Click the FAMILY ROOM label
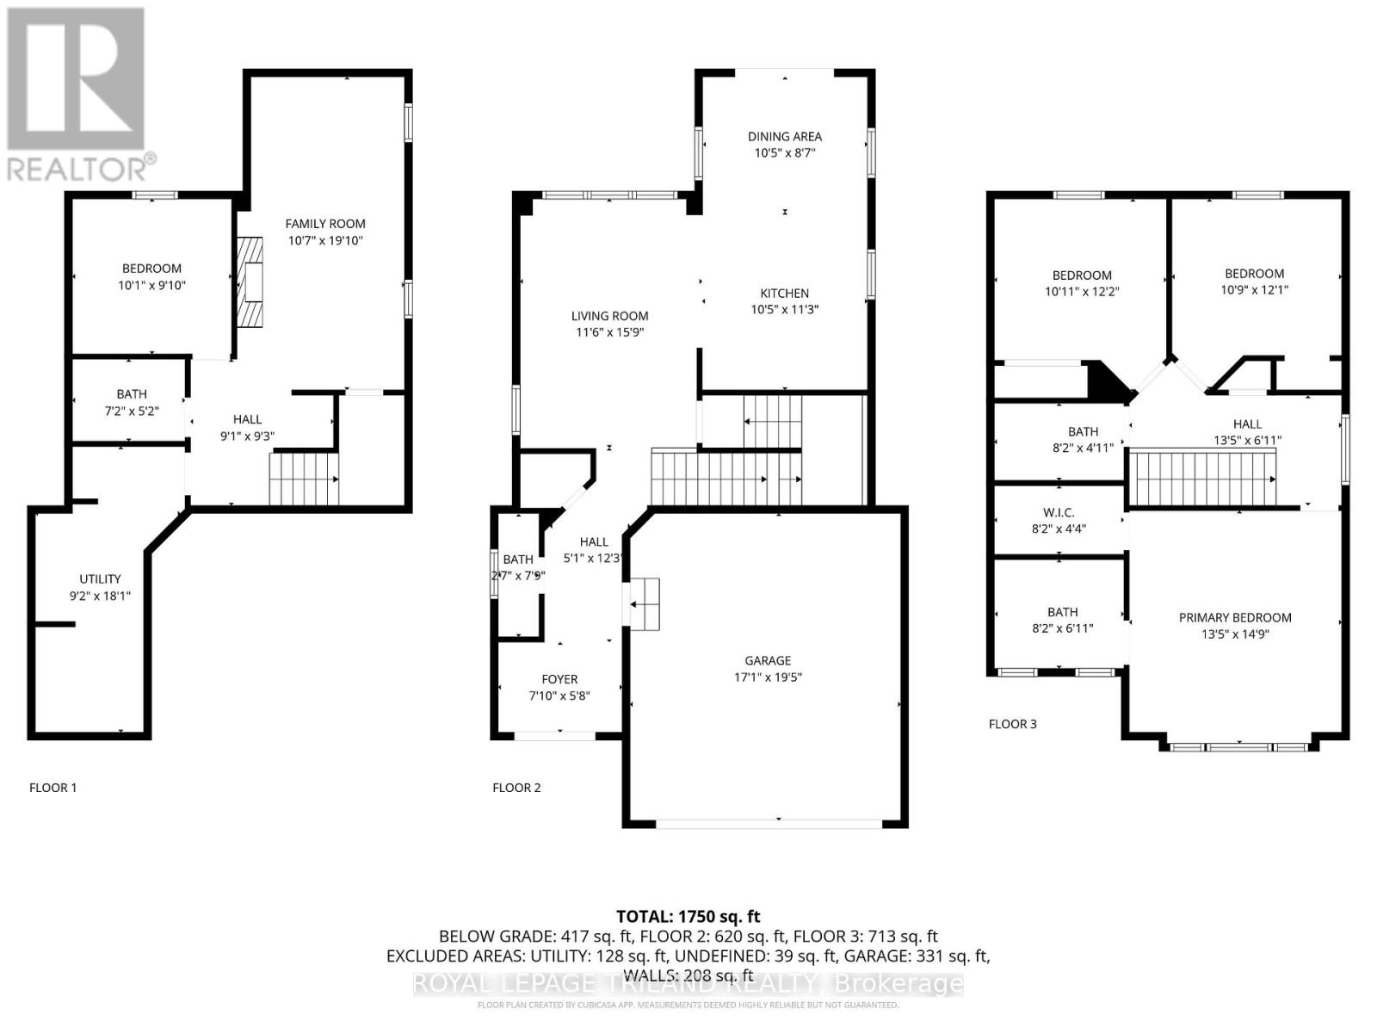pyautogui.click(x=325, y=224)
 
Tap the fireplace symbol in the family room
pyautogui.click(x=250, y=281)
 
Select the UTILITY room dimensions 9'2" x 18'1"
pyautogui.click(x=101, y=595)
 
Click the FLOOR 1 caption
pyautogui.click(x=53, y=788)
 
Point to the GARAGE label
pyautogui.click(x=768, y=660)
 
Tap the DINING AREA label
pyautogui.click(x=784, y=136)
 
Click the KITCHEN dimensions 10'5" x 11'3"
pyautogui.click(x=784, y=309)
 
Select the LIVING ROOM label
pyautogui.click(x=609, y=316)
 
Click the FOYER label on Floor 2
pyautogui.click(x=559, y=679)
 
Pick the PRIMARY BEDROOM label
pyautogui.click(x=1234, y=617)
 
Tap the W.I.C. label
pyautogui.click(x=1059, y=512)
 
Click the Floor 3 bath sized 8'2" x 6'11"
pyautogui.click(x=1062, y=628)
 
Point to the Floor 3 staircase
pyautogui.click(x=1201, y=479)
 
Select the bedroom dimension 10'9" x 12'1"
pyautogui.click(x=1254, y=290)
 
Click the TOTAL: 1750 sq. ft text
pyautogui.click(x=688, y=917)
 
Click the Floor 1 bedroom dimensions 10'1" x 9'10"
pyautogui.click(x=151, y=285)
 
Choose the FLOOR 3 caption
pyautogui.click(x=1012, y=724)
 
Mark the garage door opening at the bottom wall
pyautogui.click(x=768, y=823)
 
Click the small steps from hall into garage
pyautogui.click(x=645, y=604)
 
